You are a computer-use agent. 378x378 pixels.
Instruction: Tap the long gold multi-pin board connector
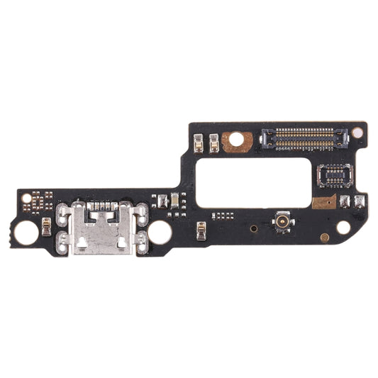pyautogui.click(x=305, y=138)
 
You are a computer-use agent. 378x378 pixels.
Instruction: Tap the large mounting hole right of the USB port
pyautogui.click(x=160, y=232)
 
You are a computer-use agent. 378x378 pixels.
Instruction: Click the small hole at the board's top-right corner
pyautogui.click(x=357, y=132)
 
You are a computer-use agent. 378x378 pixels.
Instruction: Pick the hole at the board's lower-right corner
pyautogui.click(x=343, y=227)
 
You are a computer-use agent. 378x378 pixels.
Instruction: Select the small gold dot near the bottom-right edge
pyautogui.click(x=324, y=238)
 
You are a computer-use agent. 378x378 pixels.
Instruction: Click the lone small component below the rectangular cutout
pyautogui.click(x=201, y=228)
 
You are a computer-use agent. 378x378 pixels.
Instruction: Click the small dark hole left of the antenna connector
pyautogui.click(x=253, y=228)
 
